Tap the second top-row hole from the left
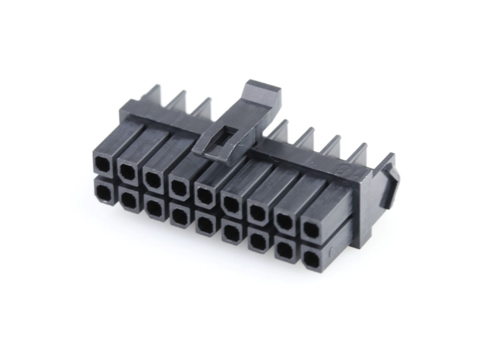(x=127, y=172)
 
